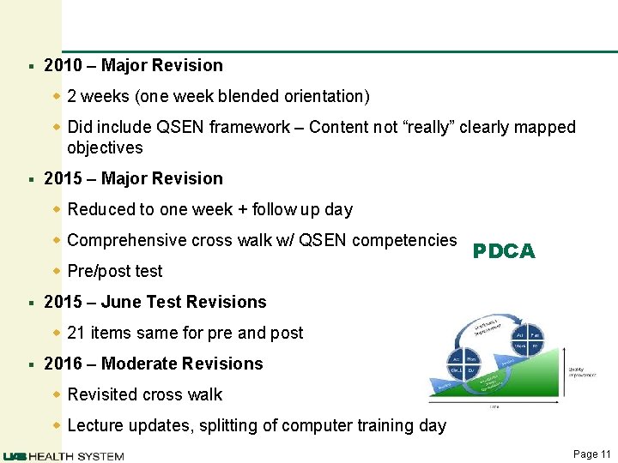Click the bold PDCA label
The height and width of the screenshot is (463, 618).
[x=504, y=251]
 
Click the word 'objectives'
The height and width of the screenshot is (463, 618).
[x=105, y=147]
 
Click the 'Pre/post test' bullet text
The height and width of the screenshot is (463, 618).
[x=114, y=271]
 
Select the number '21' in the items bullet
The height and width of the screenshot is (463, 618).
[x=76, y=333]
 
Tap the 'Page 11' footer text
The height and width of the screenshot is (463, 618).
[x=591, y=454]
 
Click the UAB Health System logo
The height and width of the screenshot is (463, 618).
[x=64, y=455]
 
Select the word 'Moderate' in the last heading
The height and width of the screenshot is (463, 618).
[x=137, y=364]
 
